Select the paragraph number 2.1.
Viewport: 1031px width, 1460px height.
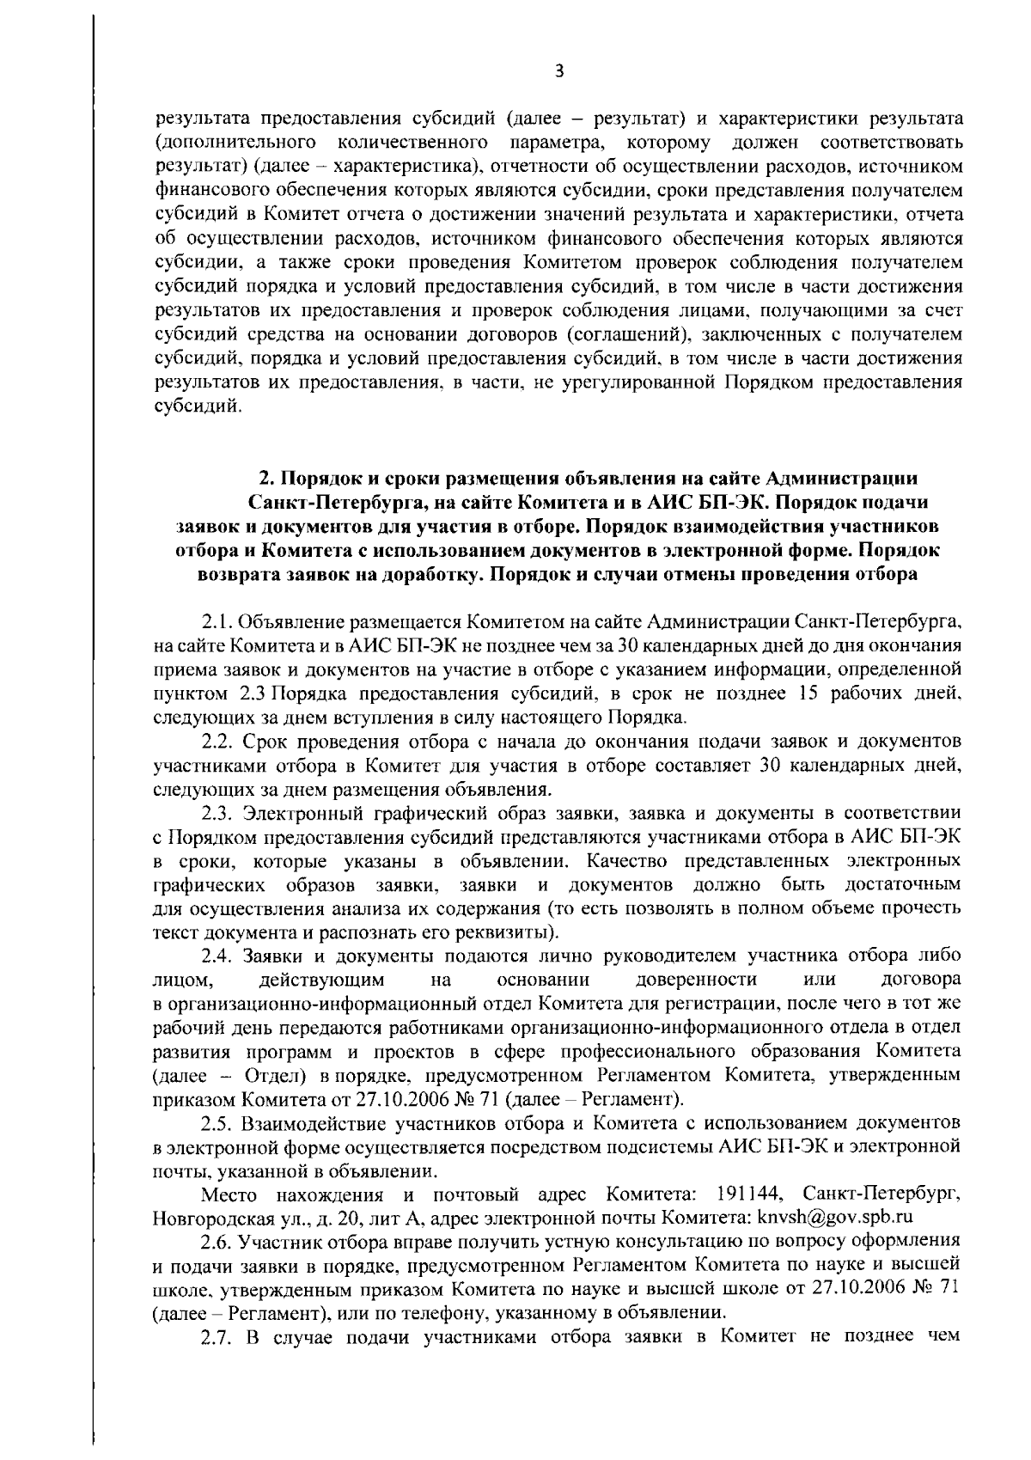[x=216, y=620]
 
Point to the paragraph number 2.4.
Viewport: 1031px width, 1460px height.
[x=217, y=956]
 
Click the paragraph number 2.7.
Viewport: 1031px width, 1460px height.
[x=217, y=1335]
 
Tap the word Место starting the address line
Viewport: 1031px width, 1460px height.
[x=229, y=1194]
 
